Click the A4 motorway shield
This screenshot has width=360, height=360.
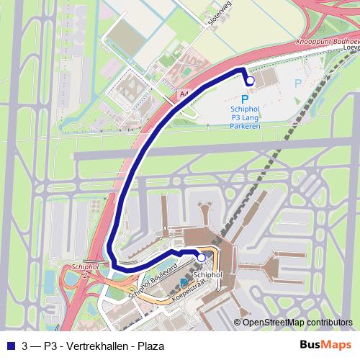coord(184,94)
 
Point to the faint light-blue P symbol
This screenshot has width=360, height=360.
coord(299,84)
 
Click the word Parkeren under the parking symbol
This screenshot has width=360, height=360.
coord(245,125)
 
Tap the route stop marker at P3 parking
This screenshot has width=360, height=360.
coord(249,81)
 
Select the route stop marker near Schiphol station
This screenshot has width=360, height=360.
coord(202,257)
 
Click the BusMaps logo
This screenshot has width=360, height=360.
coord(325,345)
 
